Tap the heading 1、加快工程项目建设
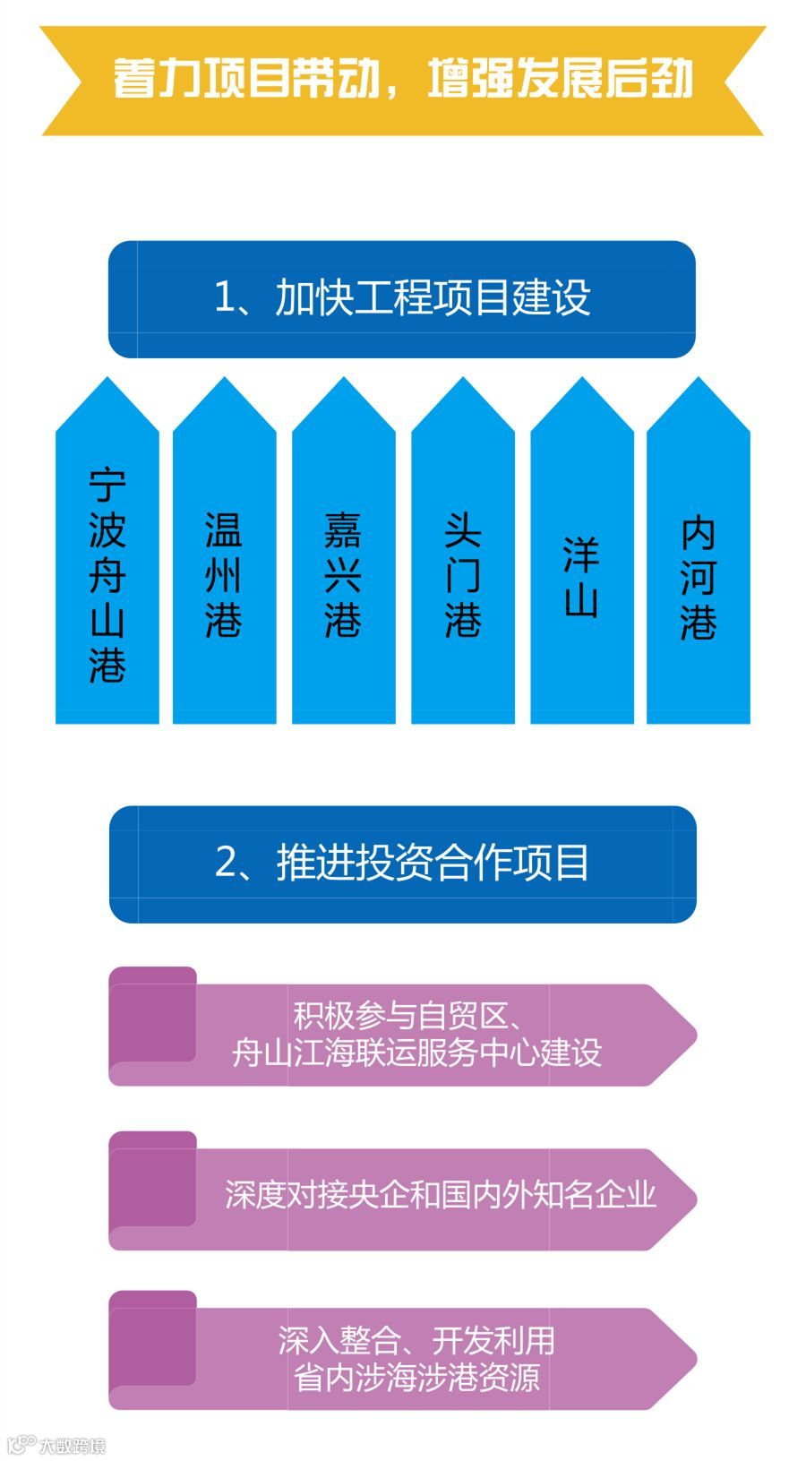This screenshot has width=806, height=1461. pos(402,297)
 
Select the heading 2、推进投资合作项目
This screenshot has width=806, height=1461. pos(402,863)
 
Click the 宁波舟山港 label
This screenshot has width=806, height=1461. pos(107,575)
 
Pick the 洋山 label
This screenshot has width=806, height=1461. pos(581,577)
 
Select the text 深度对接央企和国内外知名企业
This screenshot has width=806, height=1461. pos(440,1194)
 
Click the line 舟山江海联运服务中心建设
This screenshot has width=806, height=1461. pos(416,1053)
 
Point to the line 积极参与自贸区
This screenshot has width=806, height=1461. pos(407,1016)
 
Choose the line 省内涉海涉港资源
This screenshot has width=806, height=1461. pos(416,1377)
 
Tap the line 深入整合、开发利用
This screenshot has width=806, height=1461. pos(416,1340)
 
